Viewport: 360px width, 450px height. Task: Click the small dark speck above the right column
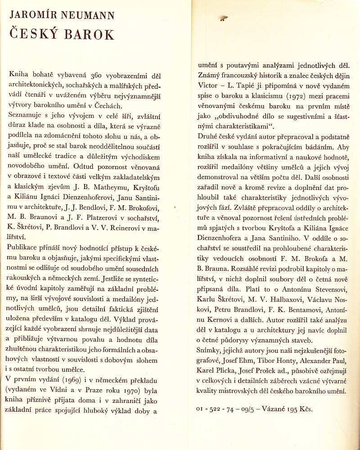coord(223,18)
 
